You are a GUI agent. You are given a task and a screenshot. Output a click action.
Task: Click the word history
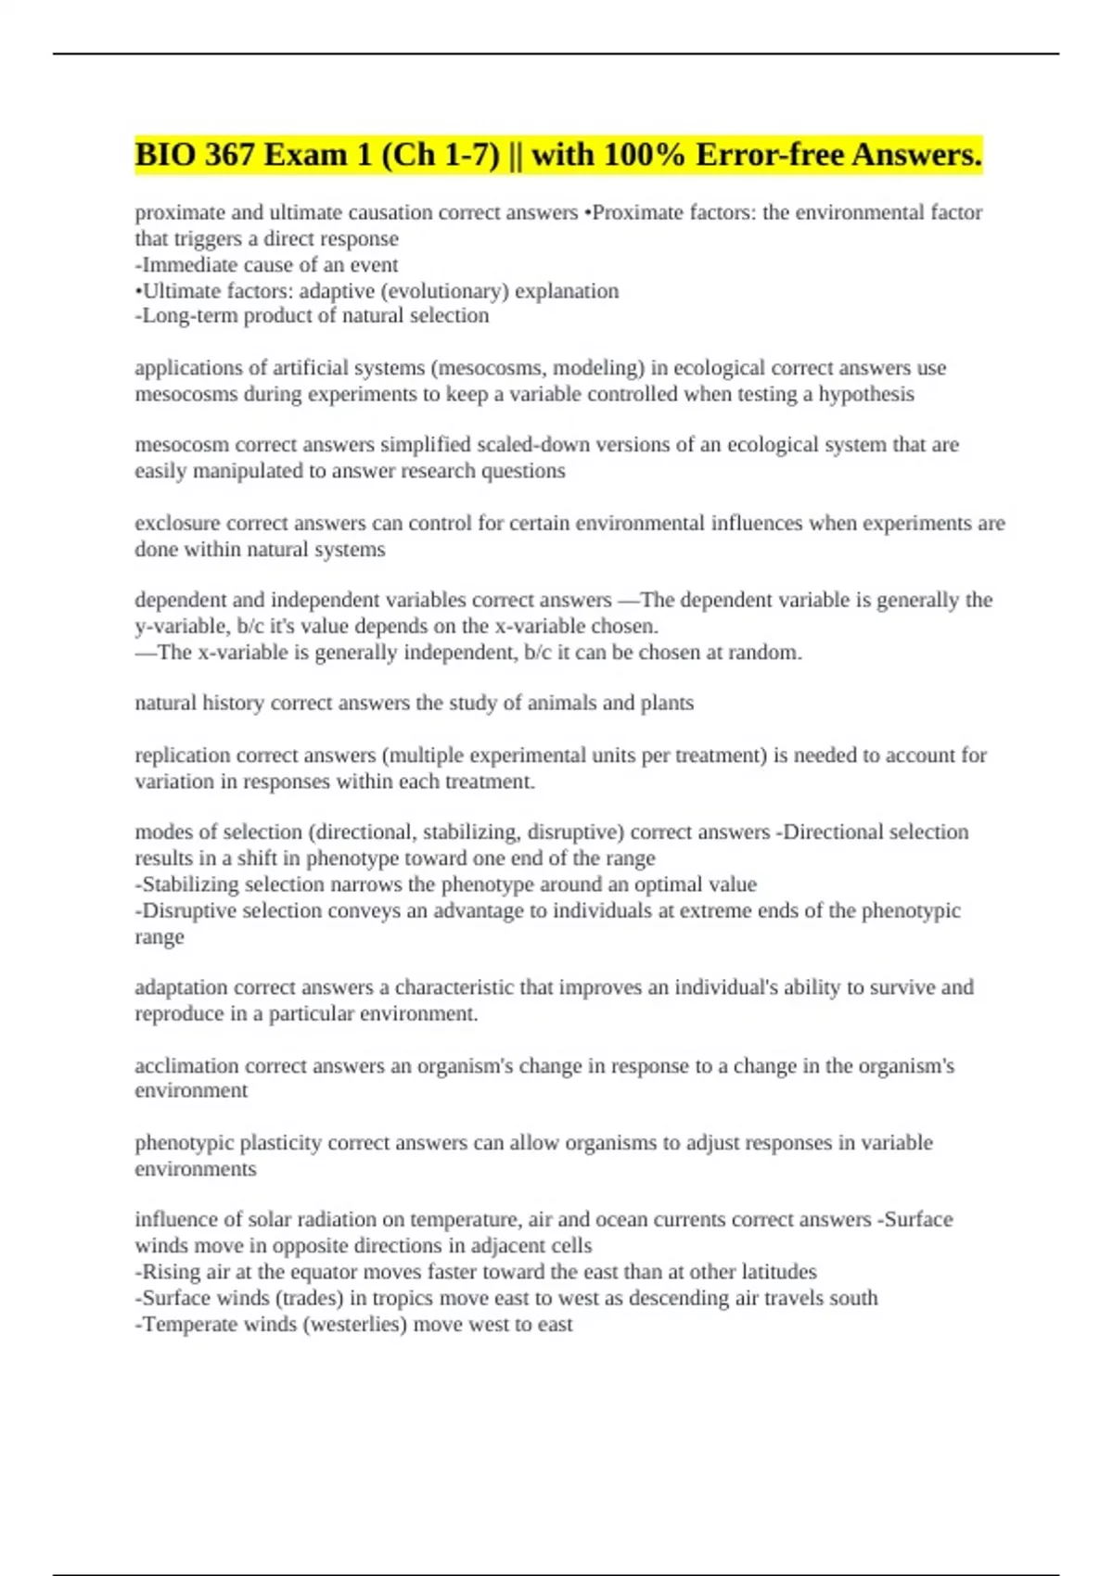click(234, 704)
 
